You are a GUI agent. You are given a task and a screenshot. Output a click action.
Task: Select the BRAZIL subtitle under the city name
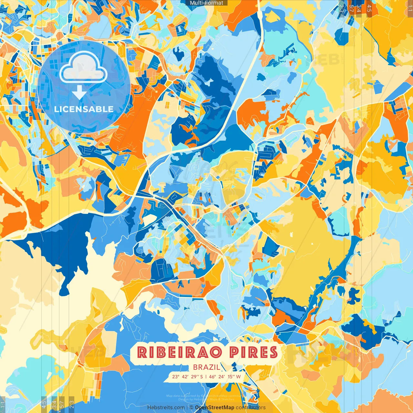click(206, 367)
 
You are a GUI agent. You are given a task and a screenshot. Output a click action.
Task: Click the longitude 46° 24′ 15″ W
click(225, 377)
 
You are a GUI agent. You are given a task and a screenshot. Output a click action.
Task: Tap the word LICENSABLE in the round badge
click(84, 109)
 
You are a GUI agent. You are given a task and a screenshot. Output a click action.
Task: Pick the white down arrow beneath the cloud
click(79, 93)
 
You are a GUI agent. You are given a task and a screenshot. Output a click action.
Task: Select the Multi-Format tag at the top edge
click(206, 3)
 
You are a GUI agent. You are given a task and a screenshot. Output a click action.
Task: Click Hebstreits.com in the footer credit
click(166, 408)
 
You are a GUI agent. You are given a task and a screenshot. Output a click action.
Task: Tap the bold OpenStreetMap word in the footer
click(215, 408)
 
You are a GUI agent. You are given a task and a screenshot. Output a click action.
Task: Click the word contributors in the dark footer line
click(251, 408)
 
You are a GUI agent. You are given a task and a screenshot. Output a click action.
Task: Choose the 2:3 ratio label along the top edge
click(341, 8)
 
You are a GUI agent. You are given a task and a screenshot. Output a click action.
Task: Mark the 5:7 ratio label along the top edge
click(351, 8)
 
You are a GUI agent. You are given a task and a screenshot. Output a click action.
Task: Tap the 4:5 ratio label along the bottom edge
click(44, 405)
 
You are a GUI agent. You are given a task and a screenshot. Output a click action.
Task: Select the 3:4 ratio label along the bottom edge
click(54, 405)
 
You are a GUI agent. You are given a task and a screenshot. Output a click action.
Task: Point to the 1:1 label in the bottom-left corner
click(3, 405)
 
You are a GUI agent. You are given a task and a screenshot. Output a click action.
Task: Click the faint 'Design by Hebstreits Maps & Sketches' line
click(206, 399)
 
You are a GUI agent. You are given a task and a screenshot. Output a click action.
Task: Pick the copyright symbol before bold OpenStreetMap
click(191, 408)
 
